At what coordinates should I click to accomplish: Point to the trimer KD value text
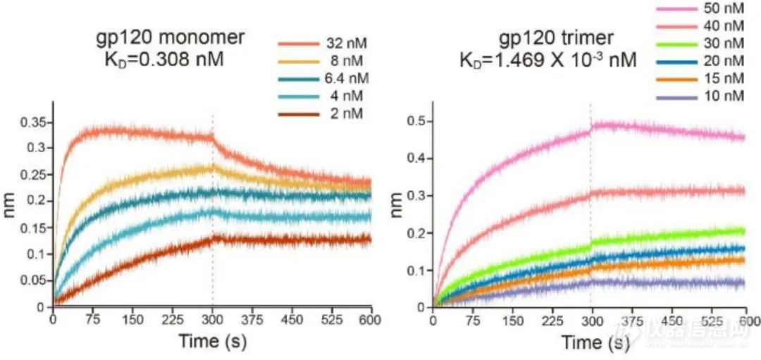tap(549, 61)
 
